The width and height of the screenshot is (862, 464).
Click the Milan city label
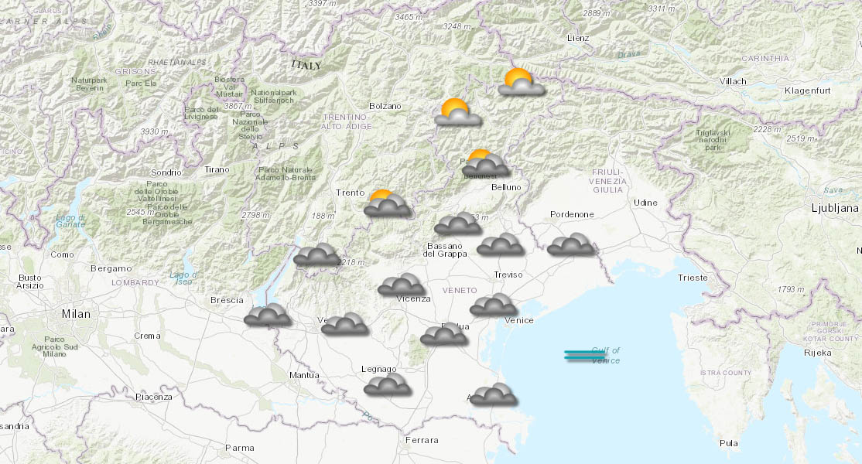click(x=76, y=314)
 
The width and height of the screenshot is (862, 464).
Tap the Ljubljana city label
click(x=834, y=208)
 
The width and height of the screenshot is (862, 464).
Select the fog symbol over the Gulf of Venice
click(x=585, y=355)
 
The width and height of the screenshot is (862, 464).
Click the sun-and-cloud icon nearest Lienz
click(x=519, y=82)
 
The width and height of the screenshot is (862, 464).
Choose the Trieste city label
click(x=692, y=278)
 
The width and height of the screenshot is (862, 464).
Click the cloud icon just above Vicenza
click(x=401, y=285)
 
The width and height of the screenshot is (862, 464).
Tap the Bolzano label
click(x=385, y=106)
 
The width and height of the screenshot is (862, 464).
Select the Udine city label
click(x=645, y=203)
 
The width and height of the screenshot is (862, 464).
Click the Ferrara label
click(x=421, y=440)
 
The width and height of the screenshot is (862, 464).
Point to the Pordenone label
click(x=572, y=214)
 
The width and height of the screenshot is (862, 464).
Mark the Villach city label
click(x=732, y=81)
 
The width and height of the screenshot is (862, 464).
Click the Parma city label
click(x=239, y=447)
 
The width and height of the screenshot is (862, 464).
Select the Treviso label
click(x=508, y=275)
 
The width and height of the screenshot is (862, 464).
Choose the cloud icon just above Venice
click(x=493, y=305)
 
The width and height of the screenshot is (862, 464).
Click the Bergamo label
click(x=111, y=268)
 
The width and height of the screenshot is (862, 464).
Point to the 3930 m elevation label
click(x=155, y=132)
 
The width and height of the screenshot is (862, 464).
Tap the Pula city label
click(x=728, y=443)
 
